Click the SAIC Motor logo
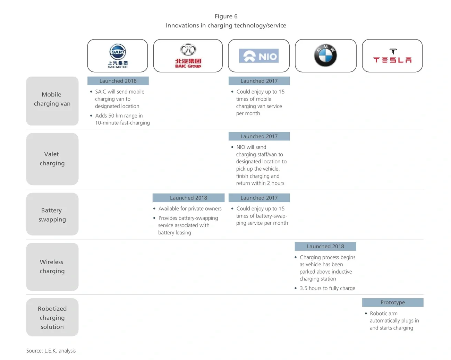click(x=118, y=56)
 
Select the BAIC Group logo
click(x=188, y=56)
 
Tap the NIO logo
click(x=259, y=56)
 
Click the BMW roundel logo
click(x=325, y=55)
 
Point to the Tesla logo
click(x=392, y=56)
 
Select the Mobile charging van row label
click(x=52, y=99)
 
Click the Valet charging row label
click(x=52, y=159)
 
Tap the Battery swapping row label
click(x=52, y=215)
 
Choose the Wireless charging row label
click(x=52, y=266)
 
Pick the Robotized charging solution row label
click(x=52, y=317)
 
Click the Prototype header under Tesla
click(x=393, y=302)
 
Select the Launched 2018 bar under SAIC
click(x=118, y=81)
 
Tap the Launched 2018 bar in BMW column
click(x=325, y=246)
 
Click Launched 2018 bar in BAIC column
click(x=188, y=198)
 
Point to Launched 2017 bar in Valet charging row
click(x=259, y=136)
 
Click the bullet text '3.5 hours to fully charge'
click(x=327, y=288)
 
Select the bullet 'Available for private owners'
click(x=190, y=208)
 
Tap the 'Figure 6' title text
click(x=226, y=16)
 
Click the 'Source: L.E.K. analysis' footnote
click(x=51, y=351)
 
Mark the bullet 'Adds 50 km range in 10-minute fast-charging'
click(x=122, y=119)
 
